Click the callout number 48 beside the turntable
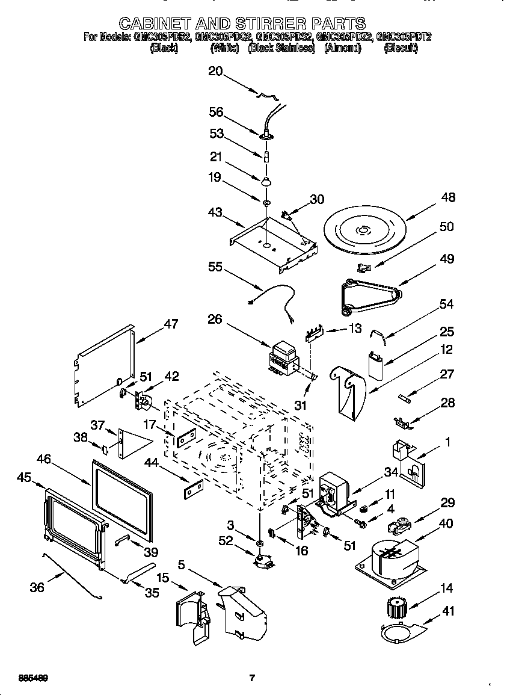click(447, 197)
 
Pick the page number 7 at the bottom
click(253, 678)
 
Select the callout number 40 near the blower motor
click(446, 524)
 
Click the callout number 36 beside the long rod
click(37, 587)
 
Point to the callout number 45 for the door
click(24, 477)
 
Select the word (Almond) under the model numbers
click(342, 49)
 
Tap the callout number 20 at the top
click(215, 72)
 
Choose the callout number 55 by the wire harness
click(216, 267)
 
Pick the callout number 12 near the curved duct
click(446, 350)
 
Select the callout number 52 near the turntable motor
click(226, 542)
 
